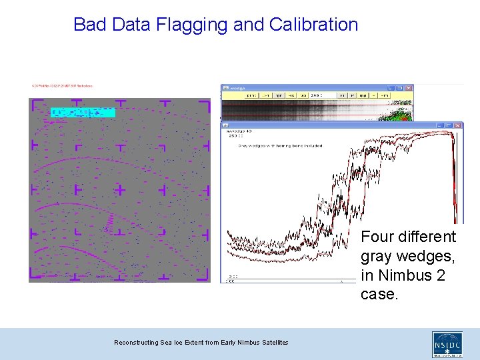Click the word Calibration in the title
point(313,25)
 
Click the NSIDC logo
point(447,344)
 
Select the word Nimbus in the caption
point(405,275)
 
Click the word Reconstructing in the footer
point(137,343)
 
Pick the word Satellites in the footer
point(273,343)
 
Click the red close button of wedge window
point(409,88)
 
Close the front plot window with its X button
point(459,125)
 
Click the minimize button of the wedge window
point(391,88)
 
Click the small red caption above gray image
point(62,85)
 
